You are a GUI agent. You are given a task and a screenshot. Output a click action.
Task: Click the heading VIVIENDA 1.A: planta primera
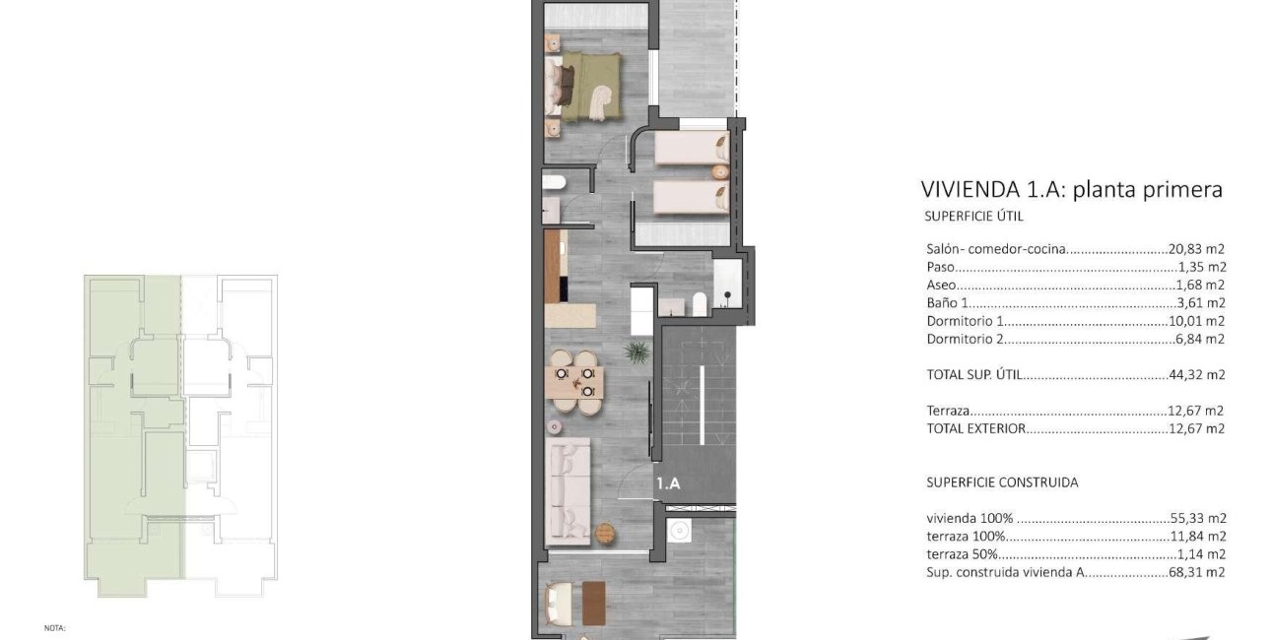coord(1071,189)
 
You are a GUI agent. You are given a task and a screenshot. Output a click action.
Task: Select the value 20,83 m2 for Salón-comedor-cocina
coord(1196,249)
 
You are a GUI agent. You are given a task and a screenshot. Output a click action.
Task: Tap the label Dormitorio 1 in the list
coord(966,321)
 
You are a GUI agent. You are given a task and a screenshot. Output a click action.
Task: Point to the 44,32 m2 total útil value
coord(1197,375)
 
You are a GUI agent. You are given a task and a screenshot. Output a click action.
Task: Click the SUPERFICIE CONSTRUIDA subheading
coord(1002,482)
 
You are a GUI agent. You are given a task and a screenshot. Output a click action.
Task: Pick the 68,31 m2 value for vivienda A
coord(1196,572)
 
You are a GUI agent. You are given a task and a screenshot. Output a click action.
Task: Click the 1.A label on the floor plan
coord(668,483)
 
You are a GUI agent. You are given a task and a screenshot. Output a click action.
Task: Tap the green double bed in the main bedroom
coord(582,87)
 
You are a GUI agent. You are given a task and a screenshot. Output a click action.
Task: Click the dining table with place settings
coord(574,382)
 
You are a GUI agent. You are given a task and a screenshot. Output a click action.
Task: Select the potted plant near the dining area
coord(637,352)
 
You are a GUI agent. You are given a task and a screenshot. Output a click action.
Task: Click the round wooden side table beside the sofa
coord(605,534)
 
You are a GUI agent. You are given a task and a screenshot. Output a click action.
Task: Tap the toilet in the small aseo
coord(554,183)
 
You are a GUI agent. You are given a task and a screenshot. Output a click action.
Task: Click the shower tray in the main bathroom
coord(727,284)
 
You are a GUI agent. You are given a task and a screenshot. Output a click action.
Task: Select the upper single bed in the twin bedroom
coord(692,148)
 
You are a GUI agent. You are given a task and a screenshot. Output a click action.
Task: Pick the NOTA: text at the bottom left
coord(55,628)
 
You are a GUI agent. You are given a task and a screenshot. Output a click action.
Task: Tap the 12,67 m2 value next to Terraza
coord(1196,411)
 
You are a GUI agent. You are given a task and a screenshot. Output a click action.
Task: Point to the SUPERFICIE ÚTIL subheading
coord(973,217)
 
